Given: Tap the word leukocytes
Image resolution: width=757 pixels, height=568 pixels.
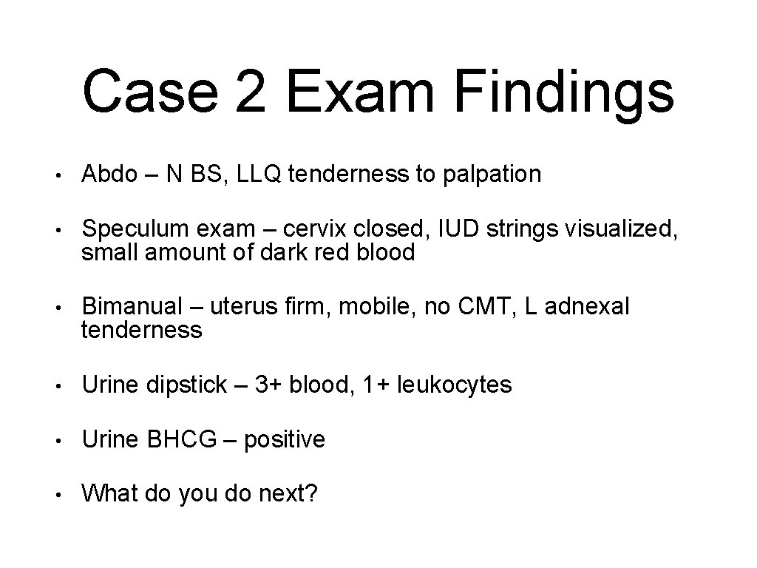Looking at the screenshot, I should tap(454, 385).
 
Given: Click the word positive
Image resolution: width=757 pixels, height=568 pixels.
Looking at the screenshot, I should tap(285, 441).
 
